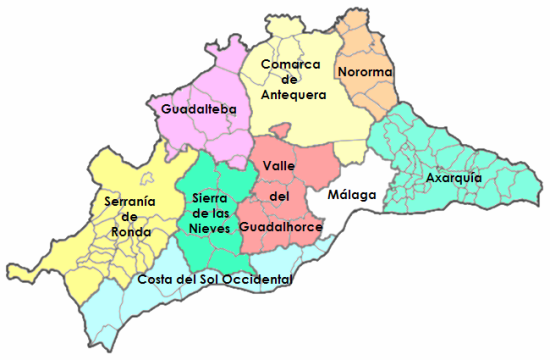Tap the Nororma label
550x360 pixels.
pyautogui.click(x=365, y=72)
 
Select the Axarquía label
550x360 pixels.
pyautogui.click(x=454, y=178)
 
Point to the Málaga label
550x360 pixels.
pyautogui.click(x=352, y=194)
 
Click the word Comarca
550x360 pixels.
pyautogui.click(x=290, y=65)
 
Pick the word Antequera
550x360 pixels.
pyautogui.click(x=296, y=96)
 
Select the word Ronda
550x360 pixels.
pyautogui.click(x=131, y=233)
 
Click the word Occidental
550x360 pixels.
pyautogui.click(x=258, y=279)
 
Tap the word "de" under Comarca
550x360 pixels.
pyautogui.click(x=289, y=81)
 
